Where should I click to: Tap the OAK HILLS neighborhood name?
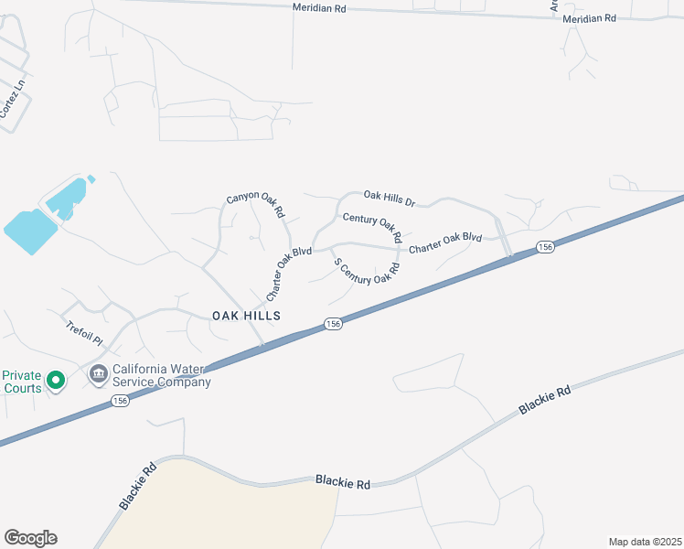pos(245,315)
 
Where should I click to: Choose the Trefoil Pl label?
pos(84,331)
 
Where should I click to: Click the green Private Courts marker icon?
pos(55,380)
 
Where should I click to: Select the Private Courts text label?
pos(21,382)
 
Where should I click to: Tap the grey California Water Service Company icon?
pos(98,374)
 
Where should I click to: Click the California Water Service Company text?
pos(161,376)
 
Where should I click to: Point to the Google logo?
pos(30,538)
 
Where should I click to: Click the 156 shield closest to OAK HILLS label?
pos(333,325)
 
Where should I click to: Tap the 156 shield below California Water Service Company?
pos(120,401)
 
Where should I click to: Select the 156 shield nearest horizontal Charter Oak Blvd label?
pos(545,248)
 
